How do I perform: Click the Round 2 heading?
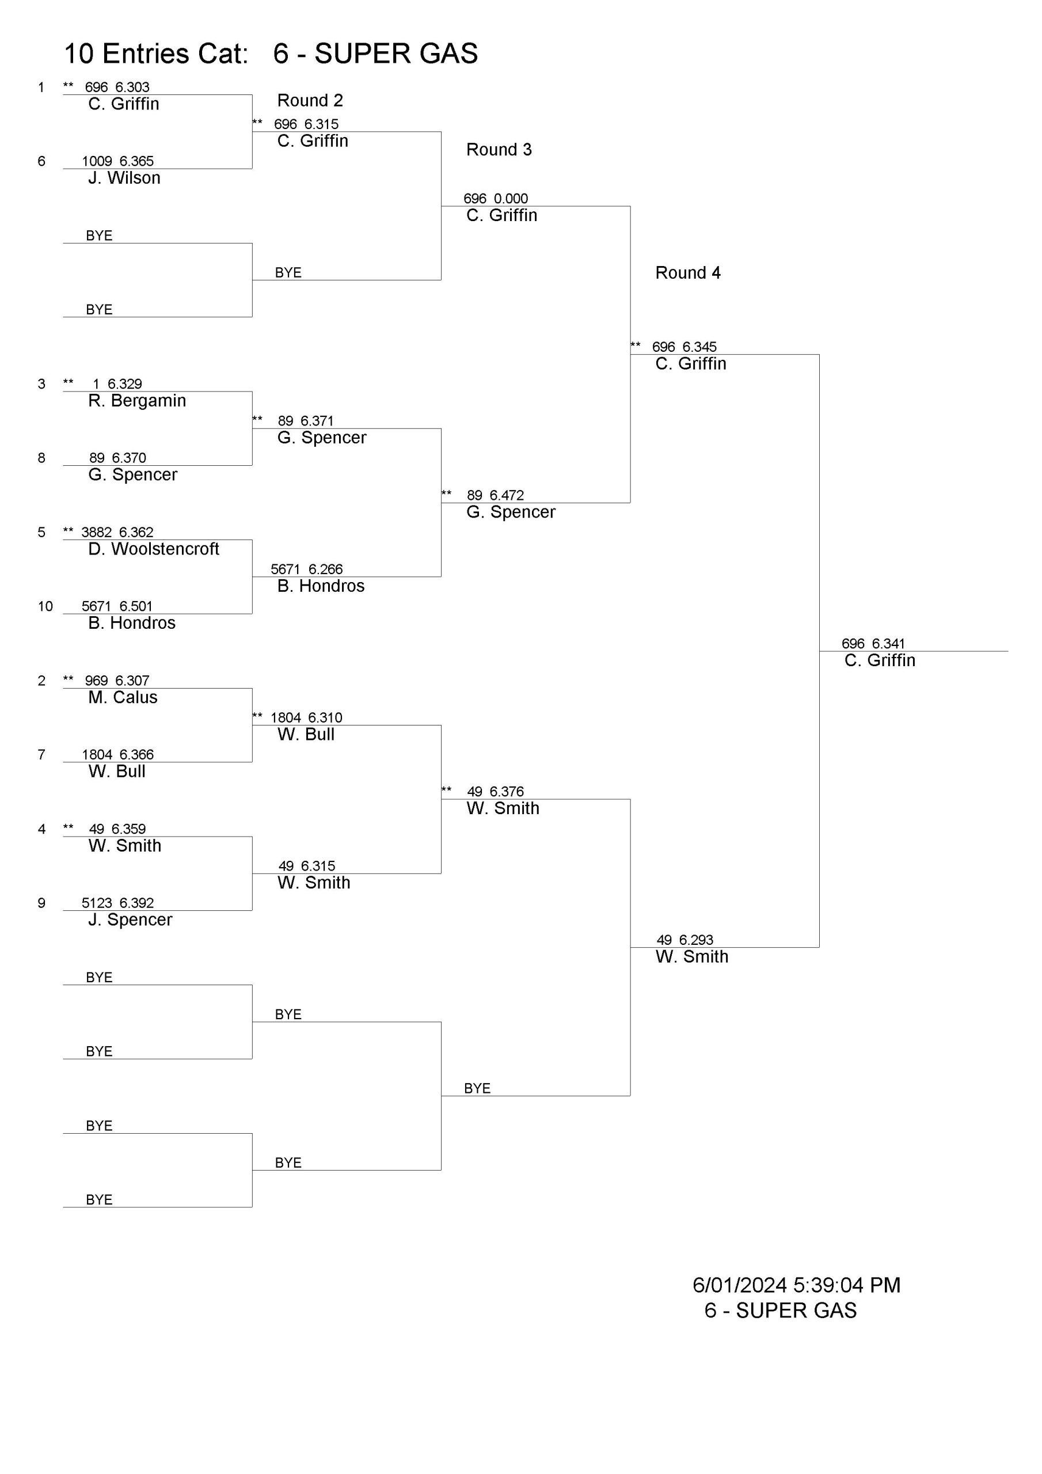[x=310, y=101]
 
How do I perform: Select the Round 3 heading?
[x=499, y=150]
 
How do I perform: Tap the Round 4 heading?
[x=687, y=273]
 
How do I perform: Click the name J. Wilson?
[x=124, y=178]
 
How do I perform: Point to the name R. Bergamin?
[x=137, y=401]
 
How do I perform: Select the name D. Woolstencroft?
[x=154, y=549]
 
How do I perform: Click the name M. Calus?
[x=123, y=697]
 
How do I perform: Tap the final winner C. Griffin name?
[x=880, y=660]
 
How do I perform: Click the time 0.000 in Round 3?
[x=511, y=199]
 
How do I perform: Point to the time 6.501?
[x=136, y=606]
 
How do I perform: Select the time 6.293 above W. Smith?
[x=696, y=940]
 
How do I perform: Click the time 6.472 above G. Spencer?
[x=507, y=495]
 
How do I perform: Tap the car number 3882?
[x=96, y=532]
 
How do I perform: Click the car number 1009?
[x=97, y=161]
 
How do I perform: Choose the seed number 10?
[x=45, y=606]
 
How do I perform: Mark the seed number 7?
[x=41, y=754]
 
